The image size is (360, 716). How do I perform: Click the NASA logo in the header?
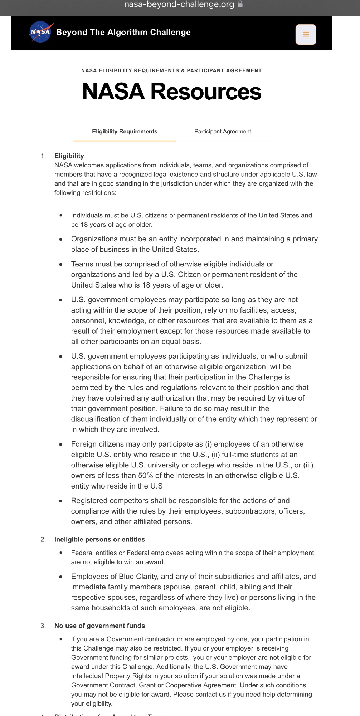tap(41, 32)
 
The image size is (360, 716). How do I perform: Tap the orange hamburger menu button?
tap(306, 34)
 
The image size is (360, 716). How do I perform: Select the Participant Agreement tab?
tap(223, 132)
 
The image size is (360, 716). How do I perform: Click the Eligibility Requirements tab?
tap(125, 132)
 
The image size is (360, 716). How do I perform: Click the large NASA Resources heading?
tap(172, 92)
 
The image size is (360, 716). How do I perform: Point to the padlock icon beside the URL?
tap(240, 4)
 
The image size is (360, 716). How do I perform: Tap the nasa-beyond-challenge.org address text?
tap(179, 4)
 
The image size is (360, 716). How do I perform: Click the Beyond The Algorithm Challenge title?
tap(123, 33)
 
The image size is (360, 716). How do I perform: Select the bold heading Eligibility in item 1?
tap(69, 156)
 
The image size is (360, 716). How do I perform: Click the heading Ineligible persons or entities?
tap(99, 539)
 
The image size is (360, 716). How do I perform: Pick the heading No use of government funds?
tap(99, 626)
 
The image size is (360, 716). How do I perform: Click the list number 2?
tap(43, 539)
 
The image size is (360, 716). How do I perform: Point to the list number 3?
tap(43, 626)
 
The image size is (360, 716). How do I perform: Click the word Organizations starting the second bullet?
tap(93, 239)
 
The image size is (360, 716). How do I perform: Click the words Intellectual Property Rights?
tap(111, 676)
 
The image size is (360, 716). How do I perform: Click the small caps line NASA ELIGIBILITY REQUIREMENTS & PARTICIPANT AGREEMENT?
tap(171, 70)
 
